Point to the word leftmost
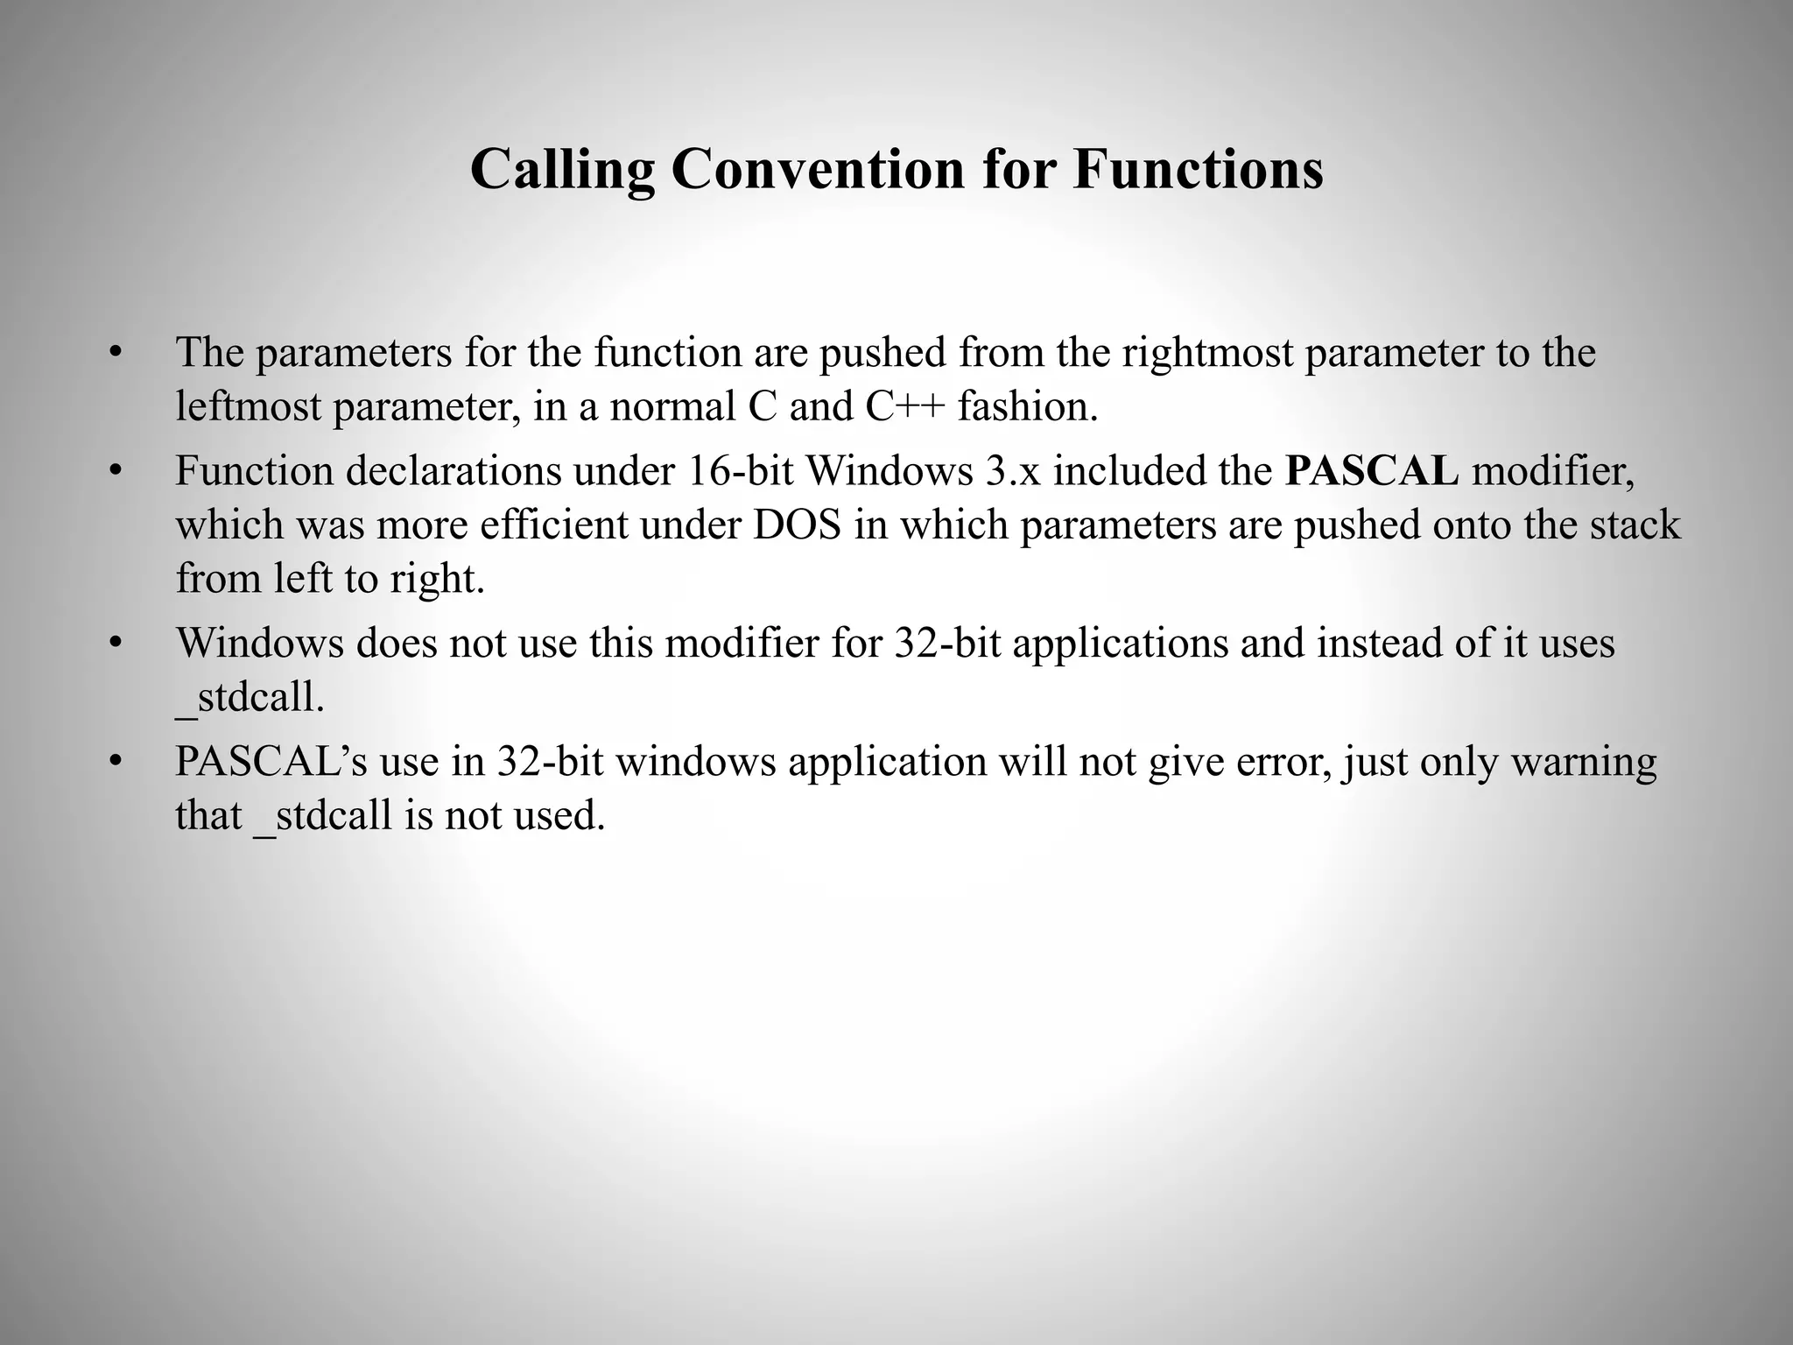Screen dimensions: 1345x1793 (x=248, y=407)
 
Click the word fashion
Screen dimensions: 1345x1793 (x=1028, y=407)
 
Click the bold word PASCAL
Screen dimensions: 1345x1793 (x=1372, y=471)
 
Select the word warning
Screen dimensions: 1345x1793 (x=1584, y=762)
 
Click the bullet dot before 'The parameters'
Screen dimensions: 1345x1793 (x=114, y=354)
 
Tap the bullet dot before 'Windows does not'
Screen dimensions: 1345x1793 (x=114, y=644)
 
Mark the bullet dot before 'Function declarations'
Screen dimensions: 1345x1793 (x=114, y=472)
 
